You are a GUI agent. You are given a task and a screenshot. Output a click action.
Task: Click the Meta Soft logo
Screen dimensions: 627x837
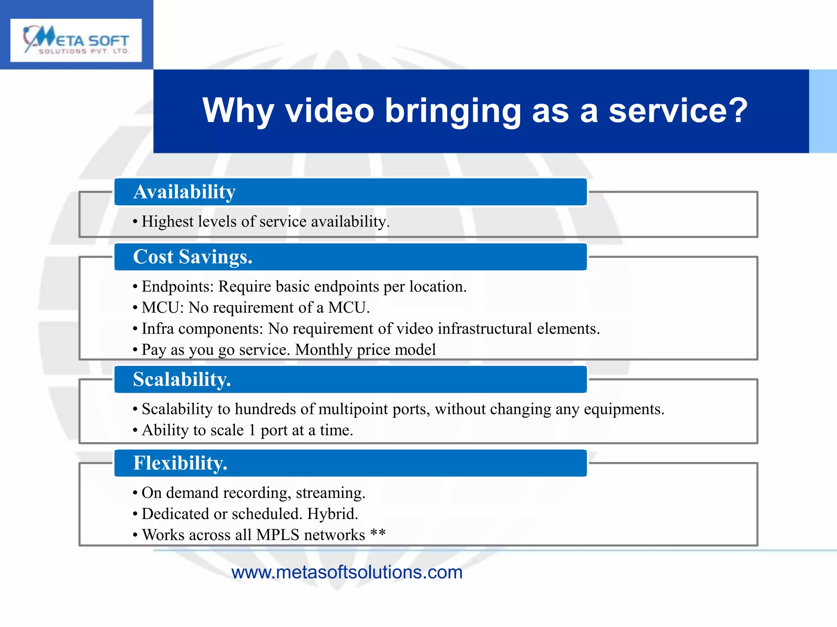[76, 40]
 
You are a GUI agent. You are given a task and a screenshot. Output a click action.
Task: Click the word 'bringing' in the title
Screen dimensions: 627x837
[453, 111]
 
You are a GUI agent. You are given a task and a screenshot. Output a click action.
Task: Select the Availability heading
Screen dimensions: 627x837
[184, 192]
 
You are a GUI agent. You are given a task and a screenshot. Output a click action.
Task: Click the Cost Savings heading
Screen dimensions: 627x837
[192, 257]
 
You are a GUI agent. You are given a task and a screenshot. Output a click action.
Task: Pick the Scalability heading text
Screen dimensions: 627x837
[182, 379]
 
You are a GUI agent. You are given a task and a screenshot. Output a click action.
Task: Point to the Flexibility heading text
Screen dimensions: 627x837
[180, 463]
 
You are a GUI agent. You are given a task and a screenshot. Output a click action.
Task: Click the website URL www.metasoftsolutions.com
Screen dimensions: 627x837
[347, 572]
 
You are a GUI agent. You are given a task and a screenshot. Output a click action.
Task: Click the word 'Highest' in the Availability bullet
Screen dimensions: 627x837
[167, 222]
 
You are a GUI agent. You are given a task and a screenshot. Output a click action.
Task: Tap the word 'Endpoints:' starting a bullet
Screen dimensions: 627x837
[177, 287]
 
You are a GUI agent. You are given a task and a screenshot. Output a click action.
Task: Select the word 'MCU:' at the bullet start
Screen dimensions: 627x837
[163, 308]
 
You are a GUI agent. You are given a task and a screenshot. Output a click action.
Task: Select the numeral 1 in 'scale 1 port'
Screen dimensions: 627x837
[252, 430]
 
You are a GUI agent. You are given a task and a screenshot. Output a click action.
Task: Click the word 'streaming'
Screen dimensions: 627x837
[329, 493]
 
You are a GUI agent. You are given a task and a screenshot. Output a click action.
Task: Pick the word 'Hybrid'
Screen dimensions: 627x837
[331, 514]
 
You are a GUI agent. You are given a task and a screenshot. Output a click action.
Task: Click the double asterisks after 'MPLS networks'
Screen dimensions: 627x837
[378, 533]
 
